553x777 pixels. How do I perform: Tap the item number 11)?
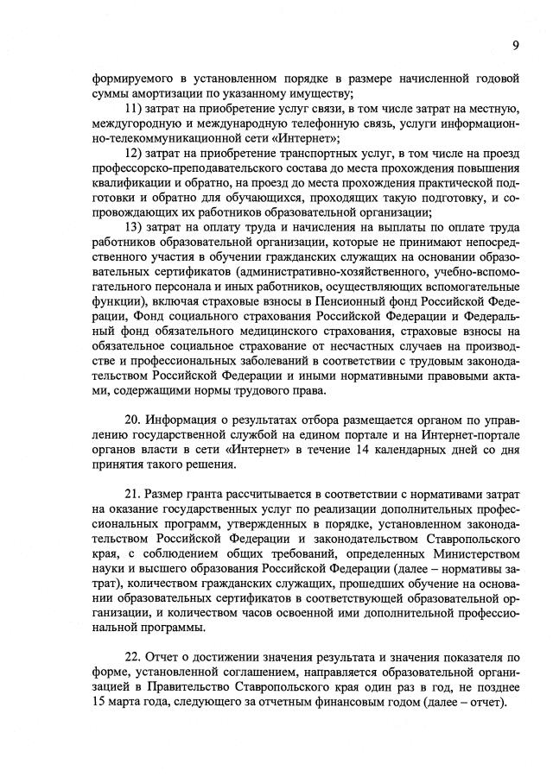click(137, 107)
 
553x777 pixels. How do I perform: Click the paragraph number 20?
click(134, 419)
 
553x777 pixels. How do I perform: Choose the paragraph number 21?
click(134, 492)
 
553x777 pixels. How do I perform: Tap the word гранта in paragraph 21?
click(203, 492)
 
